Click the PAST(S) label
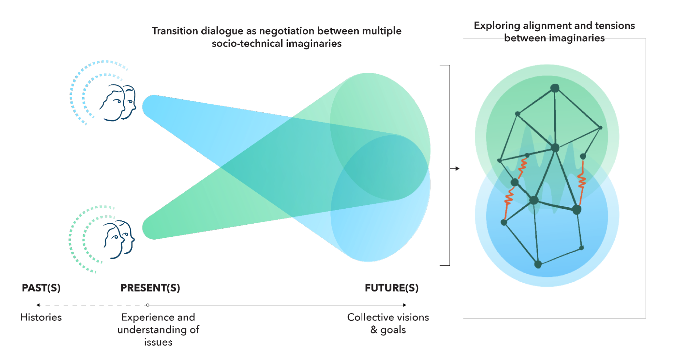pyautogui.click(x=41, y=288)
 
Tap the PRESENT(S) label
pyautogui.click(x=150, y=288)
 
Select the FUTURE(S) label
pyautogui.click(x=391, y=288)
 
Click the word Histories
pyautogui.click(x=41, y=317)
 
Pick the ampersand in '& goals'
pyautogui.click(x=374, y=330)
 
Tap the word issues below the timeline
pyautogui.click(x=158, y=342)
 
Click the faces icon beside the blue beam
pyautogui.click(x=118, y=103)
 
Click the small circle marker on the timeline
pyautogui.click(x=148, y=305)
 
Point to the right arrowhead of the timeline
pyautogui.click(x=404, y=305)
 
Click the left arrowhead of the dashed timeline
pyautogui.click(x=38, y=305)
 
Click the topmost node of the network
pyautogui.click(x=555, y=88)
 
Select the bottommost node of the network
pyautogui.click(x=538, y=264)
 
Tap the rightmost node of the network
pyautogui.click(x=600, y=128)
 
